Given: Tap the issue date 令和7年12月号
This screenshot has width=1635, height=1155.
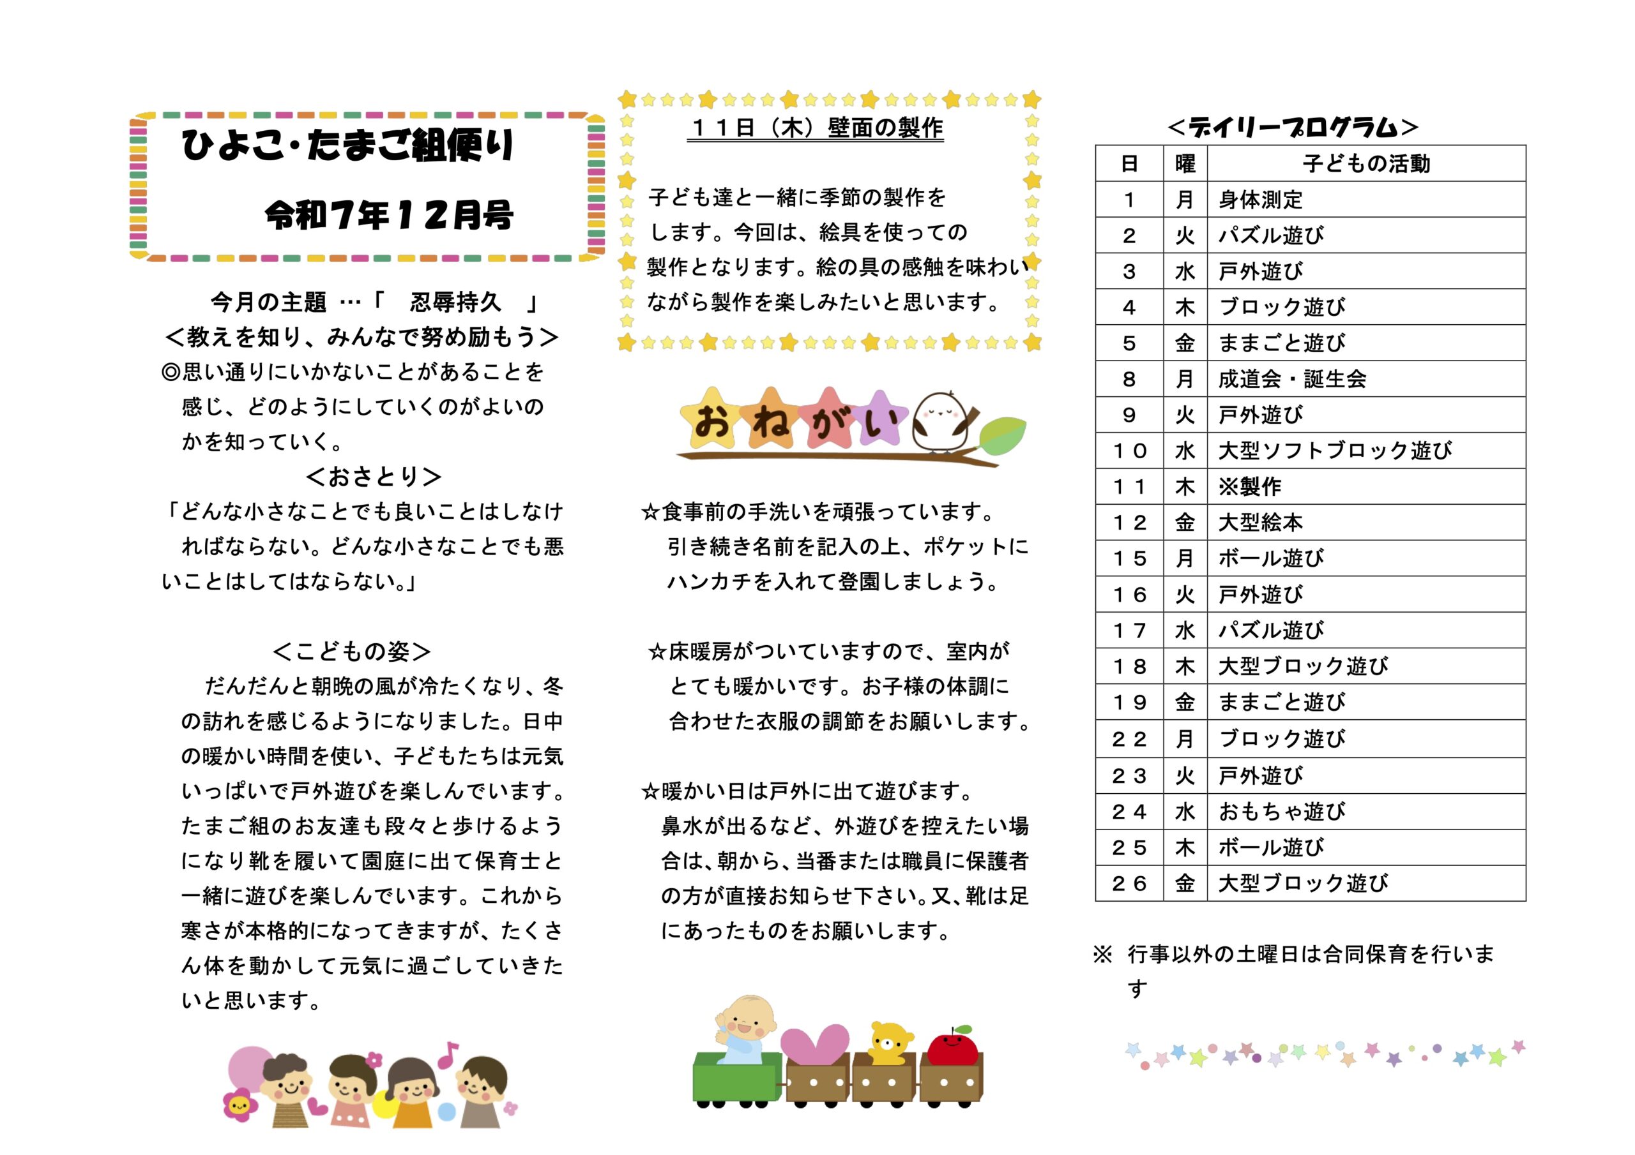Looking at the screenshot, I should [x=389, y=214].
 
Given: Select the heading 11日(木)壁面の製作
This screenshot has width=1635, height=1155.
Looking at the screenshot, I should [x=816, y=128].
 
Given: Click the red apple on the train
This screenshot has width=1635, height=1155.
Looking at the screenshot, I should [x=953, y=1048].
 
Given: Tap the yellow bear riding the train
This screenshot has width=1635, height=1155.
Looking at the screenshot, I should [x=890, y=1043].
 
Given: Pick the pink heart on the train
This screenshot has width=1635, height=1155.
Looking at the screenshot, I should [x=815, y=1044].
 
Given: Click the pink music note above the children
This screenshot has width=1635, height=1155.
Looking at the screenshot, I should [x=447, y=1055].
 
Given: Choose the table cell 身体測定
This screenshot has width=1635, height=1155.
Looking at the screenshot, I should [x=1261, y=200].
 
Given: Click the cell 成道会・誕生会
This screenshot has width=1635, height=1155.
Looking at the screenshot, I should [x=1292, y=379].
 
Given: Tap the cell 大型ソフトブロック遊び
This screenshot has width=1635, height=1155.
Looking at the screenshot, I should [x=1334, y=451].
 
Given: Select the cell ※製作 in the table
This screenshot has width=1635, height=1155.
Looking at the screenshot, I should [x=1250, y=487].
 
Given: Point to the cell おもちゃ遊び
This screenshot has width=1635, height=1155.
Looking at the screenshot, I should [x=1282, y=811].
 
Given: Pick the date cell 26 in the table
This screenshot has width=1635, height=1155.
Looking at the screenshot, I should [x=1129, y=883].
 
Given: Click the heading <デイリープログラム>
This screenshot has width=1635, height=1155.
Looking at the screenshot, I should [x=1293, y=128].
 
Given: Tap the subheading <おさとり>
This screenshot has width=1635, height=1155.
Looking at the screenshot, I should [x=374, y=476].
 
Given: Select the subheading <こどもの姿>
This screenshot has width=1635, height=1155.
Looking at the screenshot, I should [x=352, y=651].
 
